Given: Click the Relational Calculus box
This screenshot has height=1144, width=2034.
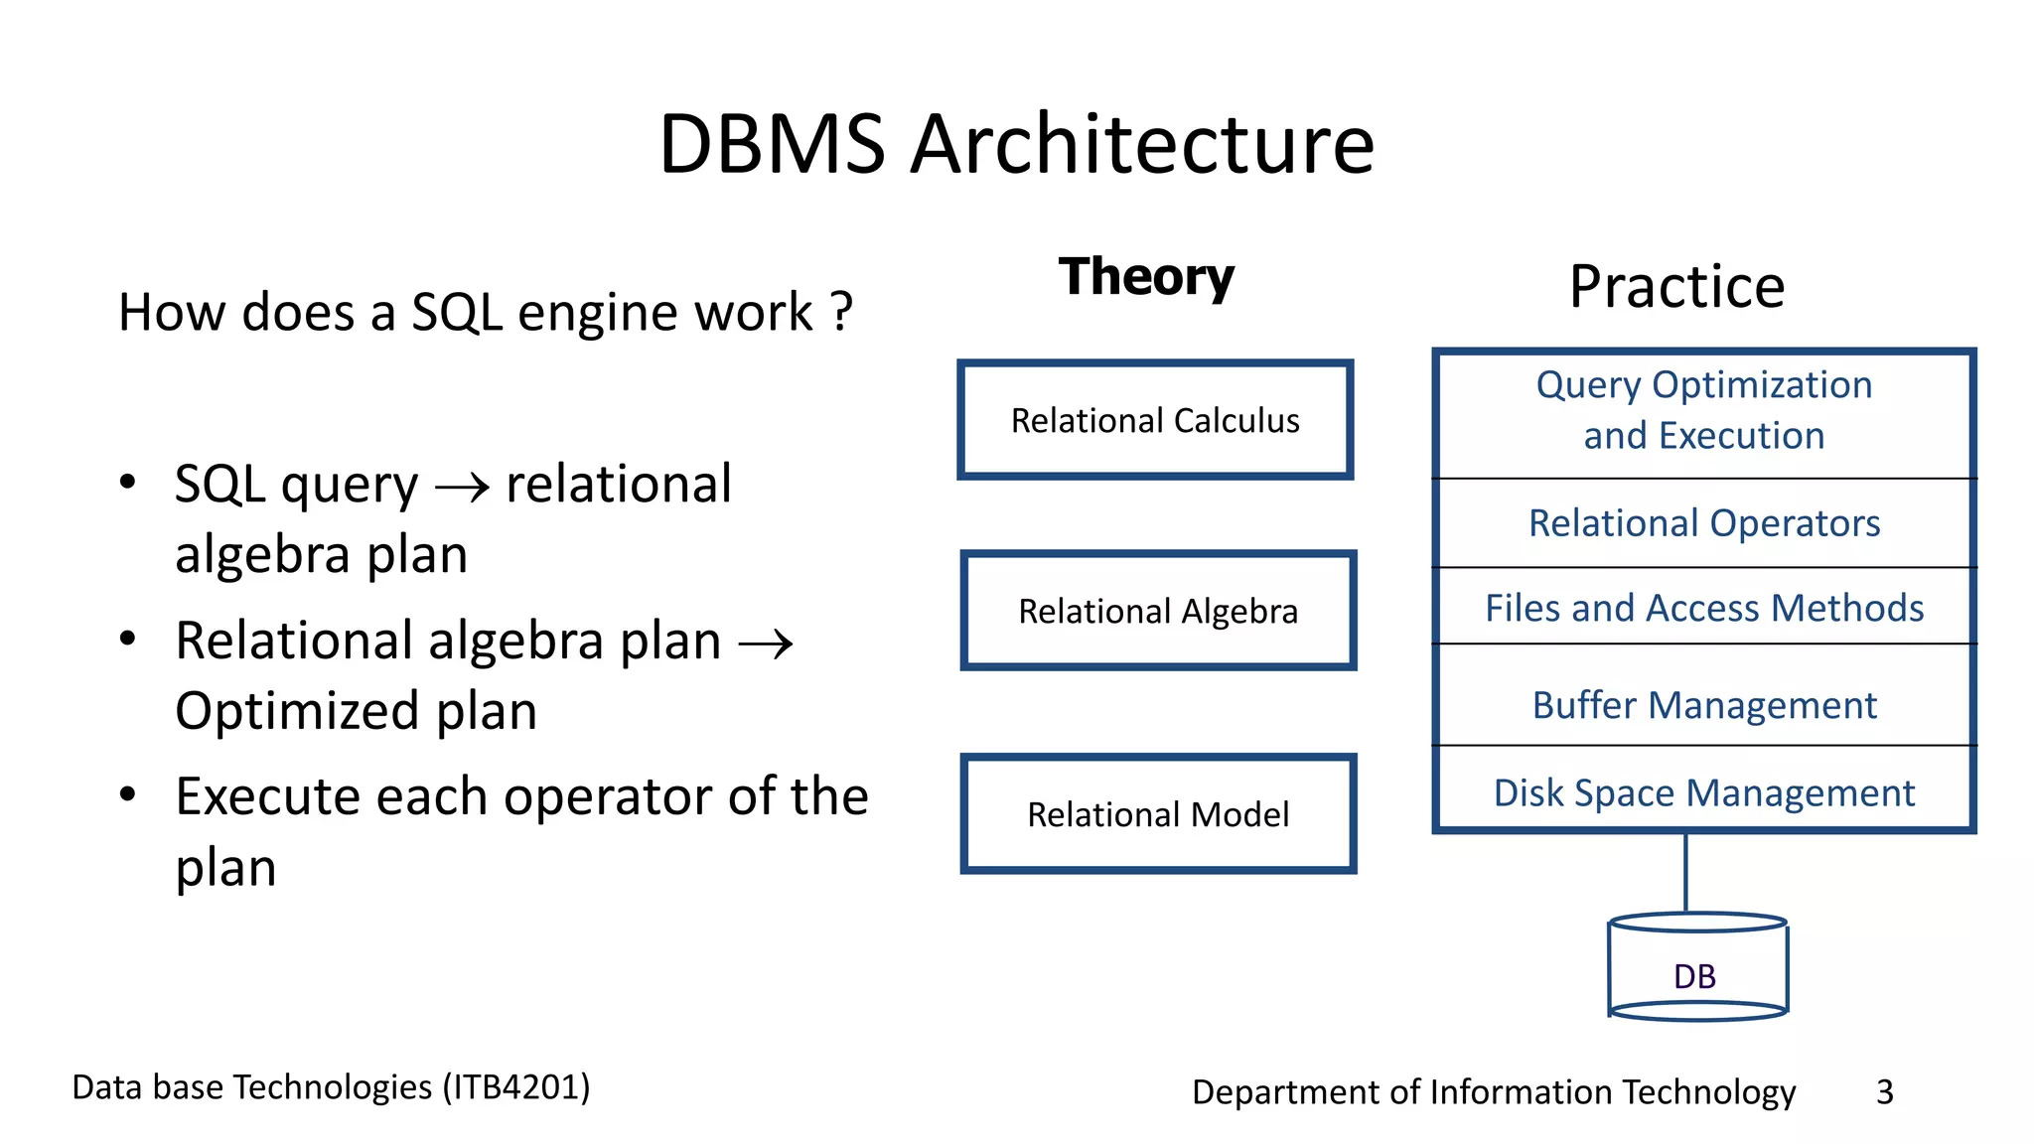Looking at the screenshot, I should coord(1155,420).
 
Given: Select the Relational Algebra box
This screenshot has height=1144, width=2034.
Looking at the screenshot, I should coord(1158,611).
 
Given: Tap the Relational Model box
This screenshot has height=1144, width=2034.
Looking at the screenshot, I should coord(1158,814).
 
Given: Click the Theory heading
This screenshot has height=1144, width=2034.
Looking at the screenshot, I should coord(1146,277).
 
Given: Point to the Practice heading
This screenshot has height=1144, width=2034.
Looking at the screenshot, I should coord(1676,287).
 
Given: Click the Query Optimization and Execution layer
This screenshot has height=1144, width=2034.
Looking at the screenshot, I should coord(1703,410).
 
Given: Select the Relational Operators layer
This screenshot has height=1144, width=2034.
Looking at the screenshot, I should coord(1703,523).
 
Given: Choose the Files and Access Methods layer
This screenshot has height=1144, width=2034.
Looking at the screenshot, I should coord(1703,608).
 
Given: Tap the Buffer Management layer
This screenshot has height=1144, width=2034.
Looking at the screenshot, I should coord(1703,705).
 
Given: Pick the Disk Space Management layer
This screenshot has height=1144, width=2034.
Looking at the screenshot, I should coord(1703,792).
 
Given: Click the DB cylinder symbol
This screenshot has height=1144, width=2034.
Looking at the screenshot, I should coord(1696,968).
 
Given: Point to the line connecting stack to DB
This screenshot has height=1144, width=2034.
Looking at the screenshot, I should coord(1685,872).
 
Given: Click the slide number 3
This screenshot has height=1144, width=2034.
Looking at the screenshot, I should coord(1884,1092).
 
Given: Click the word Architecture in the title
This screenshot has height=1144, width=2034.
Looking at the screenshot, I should coord(1142,145).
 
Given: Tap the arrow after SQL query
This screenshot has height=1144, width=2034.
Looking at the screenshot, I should coord(462,487).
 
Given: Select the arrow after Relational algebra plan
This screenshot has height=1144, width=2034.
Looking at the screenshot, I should coord(766,643).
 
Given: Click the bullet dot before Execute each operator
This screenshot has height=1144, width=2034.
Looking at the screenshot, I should coord(127,794).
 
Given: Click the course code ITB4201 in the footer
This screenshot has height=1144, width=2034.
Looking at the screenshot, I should coord(516,1087).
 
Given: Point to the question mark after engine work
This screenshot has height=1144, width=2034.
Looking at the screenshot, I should coord(841,312).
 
